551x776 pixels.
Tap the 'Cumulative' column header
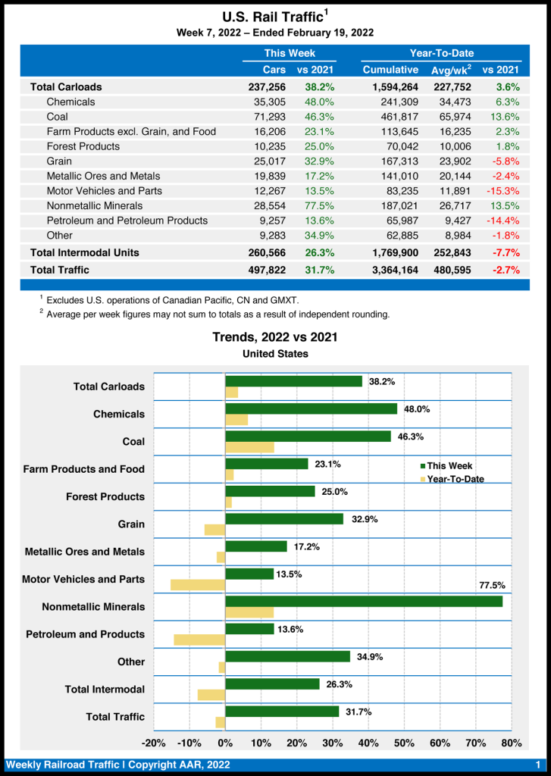(x=390, y=70)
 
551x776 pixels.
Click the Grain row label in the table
(x=59, y=161)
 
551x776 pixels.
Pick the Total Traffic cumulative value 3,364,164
(x=390, y=269)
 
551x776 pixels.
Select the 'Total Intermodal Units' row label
(x=84, y=252)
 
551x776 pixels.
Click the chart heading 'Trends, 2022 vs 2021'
(x=275, y=337)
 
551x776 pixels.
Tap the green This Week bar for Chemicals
(x=311, y=408)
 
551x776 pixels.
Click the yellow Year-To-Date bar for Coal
(x=249, y=447)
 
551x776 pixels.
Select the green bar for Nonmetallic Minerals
(x=364, y=601)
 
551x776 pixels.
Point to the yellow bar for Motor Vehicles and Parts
(x=198, y=585)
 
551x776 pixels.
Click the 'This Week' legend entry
(x=449, y=466)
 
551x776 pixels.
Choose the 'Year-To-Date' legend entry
(x=455, y=479)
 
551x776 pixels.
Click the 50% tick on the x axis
(x=404, y=743)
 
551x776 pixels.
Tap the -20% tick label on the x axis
(x=154, y=743)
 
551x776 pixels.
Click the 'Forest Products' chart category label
(x=105, y=496)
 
